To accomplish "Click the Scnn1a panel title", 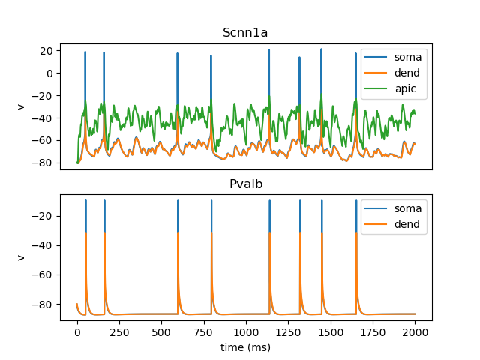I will point(246,32).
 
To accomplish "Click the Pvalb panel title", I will point(246,184).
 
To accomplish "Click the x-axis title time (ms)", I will point(246,347).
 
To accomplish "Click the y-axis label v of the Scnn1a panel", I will point(21,106).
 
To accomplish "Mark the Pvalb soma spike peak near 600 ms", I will point(178,201).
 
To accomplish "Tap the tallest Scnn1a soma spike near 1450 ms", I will point(321,49).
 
